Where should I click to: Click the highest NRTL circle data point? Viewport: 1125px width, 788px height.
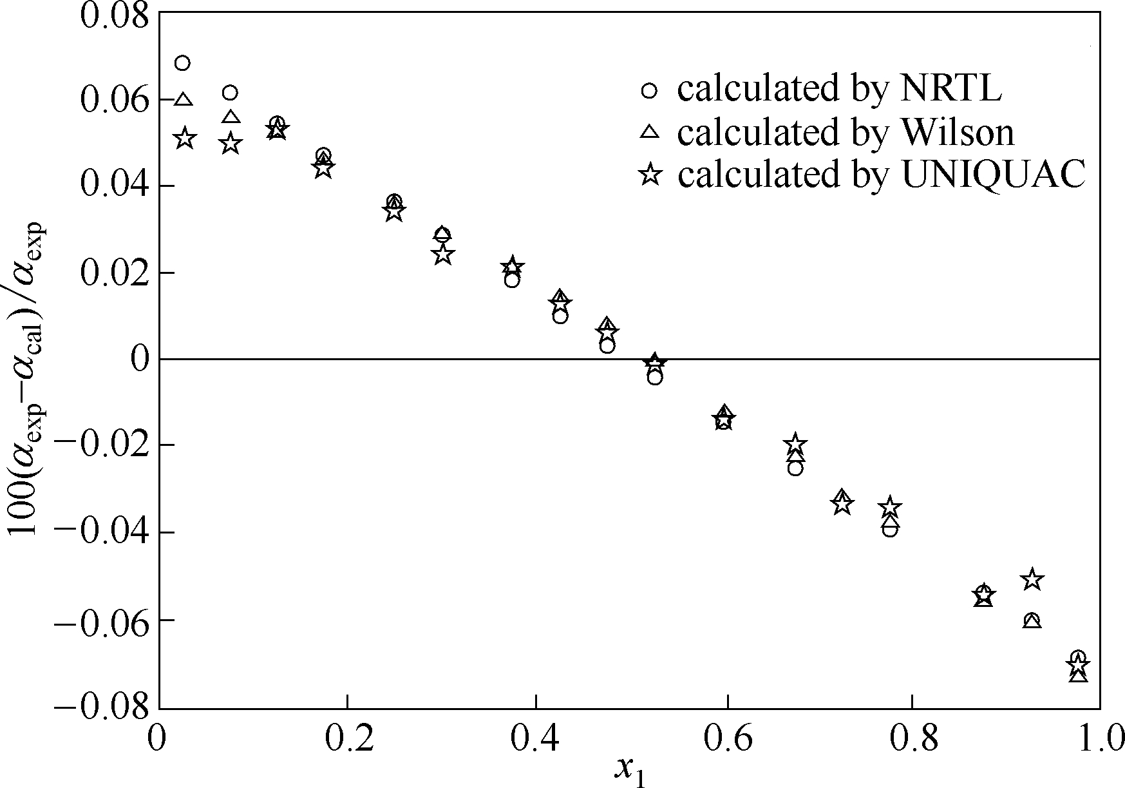pyautogui.click(x=182, y=63)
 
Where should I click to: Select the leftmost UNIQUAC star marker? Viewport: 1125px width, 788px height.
pyautogui.click(x=185, y=138)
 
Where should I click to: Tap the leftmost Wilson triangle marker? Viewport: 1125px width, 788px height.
pyautogui.click(x=184, y=100)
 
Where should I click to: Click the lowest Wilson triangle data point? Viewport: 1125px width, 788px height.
pyautogui.click(x=1079, y=675)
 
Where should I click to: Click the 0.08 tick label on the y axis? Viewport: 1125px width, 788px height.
pyautogui.click(x=113, y=15)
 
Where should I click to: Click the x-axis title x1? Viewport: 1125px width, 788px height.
pyautogui.click(x=629, y=770)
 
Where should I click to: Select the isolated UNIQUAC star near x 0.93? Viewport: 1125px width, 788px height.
pyautogui.click(x=1032, y=579)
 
